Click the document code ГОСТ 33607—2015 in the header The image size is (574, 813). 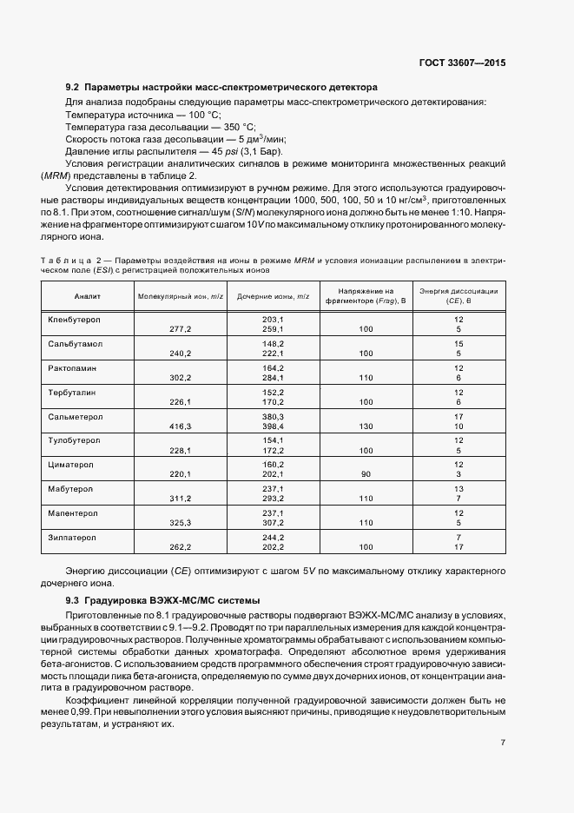point(463,63)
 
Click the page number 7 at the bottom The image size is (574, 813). point(504,742)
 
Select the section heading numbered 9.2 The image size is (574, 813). point(221,88)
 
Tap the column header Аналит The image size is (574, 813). point(87,296)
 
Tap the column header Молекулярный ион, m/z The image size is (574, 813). point(181,296)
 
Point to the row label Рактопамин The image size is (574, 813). point(75,369)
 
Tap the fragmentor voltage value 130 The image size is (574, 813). point(365,426)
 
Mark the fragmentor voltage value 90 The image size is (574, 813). point(365,475)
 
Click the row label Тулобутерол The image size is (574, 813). point(76,442)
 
